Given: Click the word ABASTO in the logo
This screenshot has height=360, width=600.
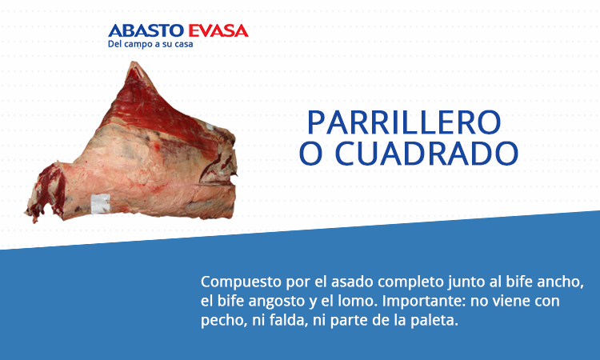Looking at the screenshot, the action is (146, 31).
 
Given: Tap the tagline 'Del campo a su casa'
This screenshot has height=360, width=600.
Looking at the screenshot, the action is (150, 44).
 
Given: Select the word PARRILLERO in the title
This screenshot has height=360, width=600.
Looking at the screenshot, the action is (404, 123).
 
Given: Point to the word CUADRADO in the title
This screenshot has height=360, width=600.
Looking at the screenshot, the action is (426, 154).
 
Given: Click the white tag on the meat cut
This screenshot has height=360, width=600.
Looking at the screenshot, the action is (101, 203).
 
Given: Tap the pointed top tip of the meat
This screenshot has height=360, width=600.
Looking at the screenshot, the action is (133, 62).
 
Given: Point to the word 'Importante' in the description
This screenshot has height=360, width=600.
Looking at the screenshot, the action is (424, 302).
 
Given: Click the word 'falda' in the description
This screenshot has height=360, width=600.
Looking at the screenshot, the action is (289, 321).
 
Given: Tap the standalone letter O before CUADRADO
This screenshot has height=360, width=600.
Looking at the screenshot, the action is (310, 154).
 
